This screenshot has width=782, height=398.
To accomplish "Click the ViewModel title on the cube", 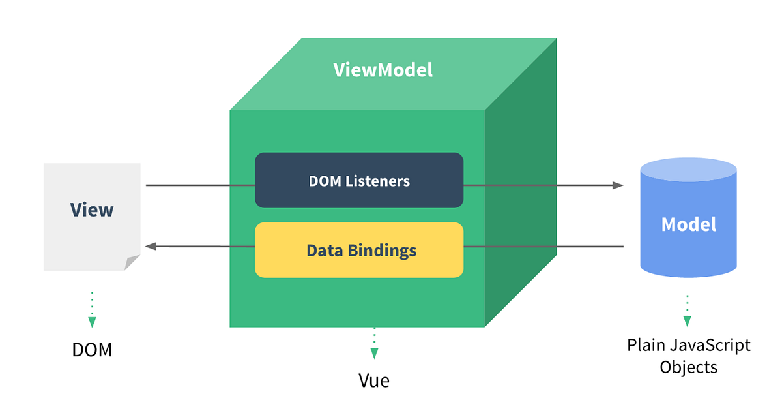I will click(383, 70).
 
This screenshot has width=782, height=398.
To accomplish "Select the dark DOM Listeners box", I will click(359, 180).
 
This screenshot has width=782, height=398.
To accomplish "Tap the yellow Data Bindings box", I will click(359, 250).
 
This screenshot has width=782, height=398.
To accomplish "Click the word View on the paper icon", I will click(92, 209).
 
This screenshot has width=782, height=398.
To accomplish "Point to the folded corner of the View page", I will click(133, 262).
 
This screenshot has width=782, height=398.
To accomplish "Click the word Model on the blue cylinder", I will click(689, 224).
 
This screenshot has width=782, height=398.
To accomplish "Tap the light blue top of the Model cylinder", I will click(689, 172).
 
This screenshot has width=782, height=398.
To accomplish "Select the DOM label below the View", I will click(92, 350).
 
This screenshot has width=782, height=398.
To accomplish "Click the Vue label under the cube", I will click(374, 380).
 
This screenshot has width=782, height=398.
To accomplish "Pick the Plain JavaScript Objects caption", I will click(689, 356).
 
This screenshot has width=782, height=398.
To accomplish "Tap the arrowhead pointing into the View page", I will click(151, 247).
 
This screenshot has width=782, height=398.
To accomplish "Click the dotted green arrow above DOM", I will click(92, 309).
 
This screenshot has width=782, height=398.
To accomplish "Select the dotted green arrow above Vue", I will click(374, 344).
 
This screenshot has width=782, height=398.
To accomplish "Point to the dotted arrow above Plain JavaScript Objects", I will click(687, 311).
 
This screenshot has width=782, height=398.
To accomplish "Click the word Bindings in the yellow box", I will click(384, 251).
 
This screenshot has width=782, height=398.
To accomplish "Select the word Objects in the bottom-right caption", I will click(689, 367).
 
